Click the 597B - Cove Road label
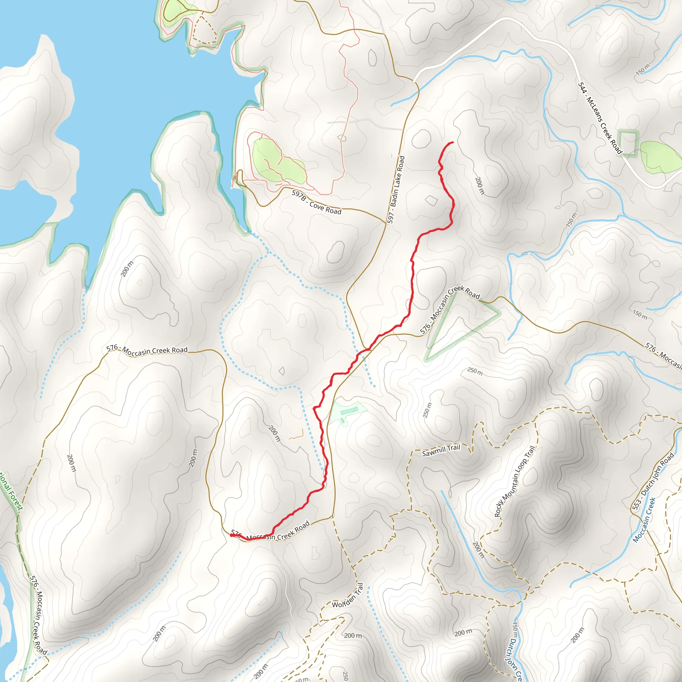(316, 202)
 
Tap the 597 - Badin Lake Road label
(396, 189)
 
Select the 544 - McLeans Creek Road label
(600, 118)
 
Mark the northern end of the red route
(453, 142)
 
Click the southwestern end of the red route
(231, 535)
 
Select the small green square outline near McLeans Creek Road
(628, 143)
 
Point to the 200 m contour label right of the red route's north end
(480, 186)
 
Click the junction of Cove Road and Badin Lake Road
(386, 223)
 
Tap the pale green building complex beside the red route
(347, 411)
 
